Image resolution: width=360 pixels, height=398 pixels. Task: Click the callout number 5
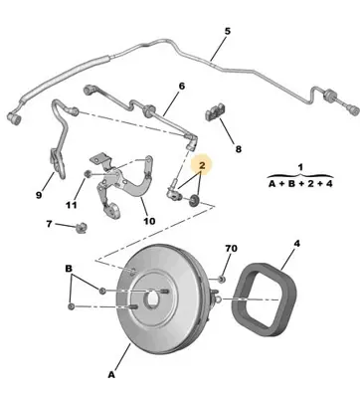coord(227,32)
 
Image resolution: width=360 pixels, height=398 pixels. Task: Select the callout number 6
coord(181,87)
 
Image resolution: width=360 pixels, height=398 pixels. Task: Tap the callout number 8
coord(237,150)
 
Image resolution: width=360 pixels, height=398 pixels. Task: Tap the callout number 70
coord(231,248)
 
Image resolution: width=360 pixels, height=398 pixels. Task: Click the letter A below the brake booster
coord(110,377)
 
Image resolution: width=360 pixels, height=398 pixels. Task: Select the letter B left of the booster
coord(69,270)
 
